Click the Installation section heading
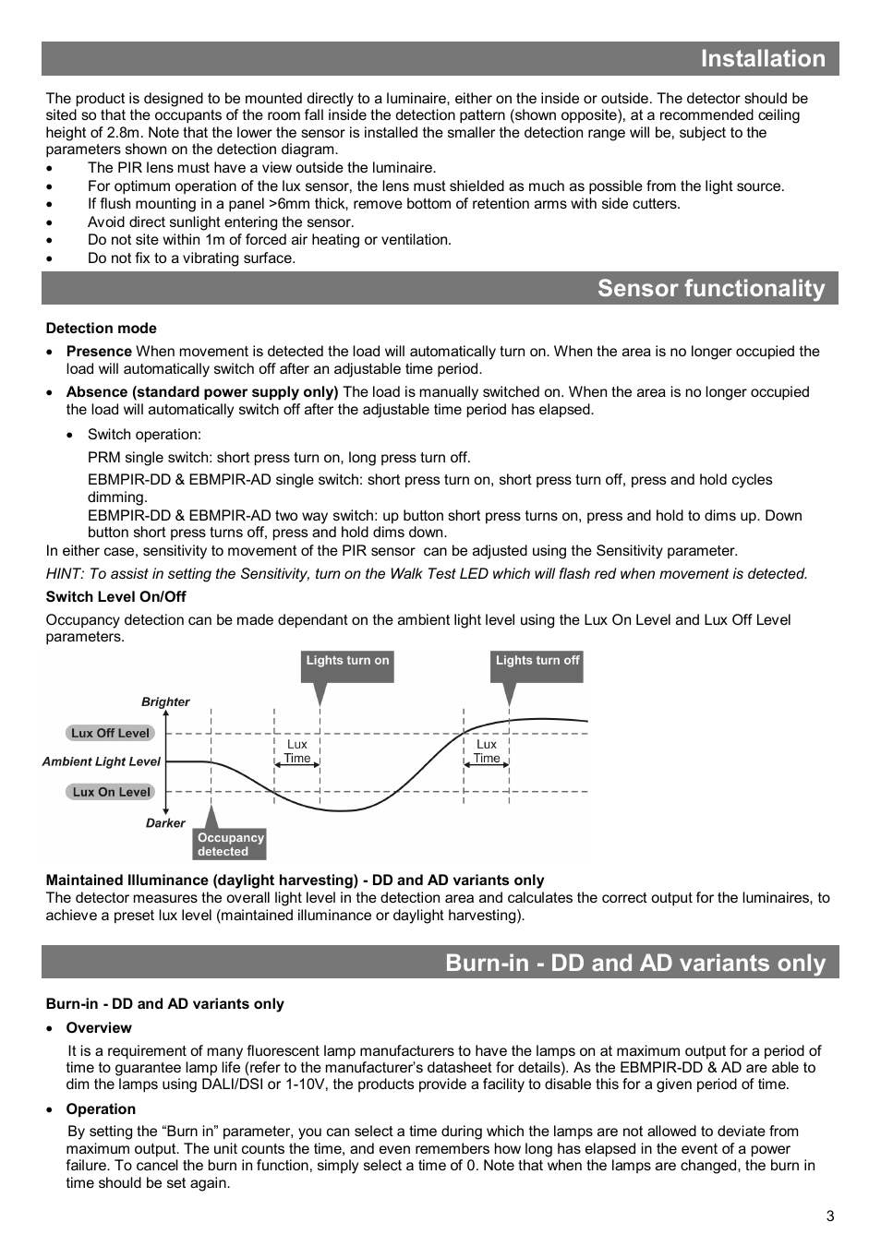point(762,59)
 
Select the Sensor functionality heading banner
point(710,289)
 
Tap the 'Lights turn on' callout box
point(347,661)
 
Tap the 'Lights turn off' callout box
point(537,661)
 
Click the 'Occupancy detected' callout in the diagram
point(230,845)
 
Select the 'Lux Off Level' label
point(110,733)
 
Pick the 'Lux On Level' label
point(110,792)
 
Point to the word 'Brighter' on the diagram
point(165,702)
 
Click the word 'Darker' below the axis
point(165,823)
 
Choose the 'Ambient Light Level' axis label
point(101,762)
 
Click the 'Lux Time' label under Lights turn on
point(297,751)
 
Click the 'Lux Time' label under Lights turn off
point(487,751)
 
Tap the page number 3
point(829,1216)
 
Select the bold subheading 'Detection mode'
point(101,329)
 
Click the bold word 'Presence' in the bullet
point(99,352)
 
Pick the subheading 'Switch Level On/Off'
point(115,597)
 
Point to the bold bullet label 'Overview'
point(99,1028)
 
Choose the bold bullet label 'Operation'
point(101,1109)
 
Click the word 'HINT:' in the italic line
point(64,574)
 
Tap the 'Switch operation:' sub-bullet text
point(144,435)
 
